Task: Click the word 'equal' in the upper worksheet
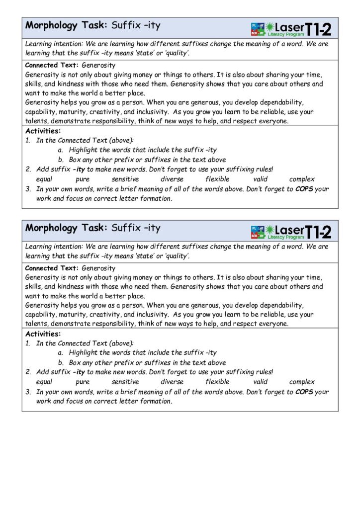click(x=44, y=179)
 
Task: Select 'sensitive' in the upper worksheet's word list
click(x=125, y=179)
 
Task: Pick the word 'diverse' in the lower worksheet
click(x=172, y=382)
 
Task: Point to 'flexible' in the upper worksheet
click(x=217, y=179)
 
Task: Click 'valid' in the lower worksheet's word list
click(x=260, y=382)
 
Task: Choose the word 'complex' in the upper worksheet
click(x=302, y=179)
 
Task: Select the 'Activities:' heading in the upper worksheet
click(x=43, y=131)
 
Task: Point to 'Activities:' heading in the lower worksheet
click(x=43, y=334)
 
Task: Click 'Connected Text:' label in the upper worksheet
click(x=52, y=65)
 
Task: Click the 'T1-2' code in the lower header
click(x=318, y=231)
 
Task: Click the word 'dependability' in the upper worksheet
click(x=274, y=103)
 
